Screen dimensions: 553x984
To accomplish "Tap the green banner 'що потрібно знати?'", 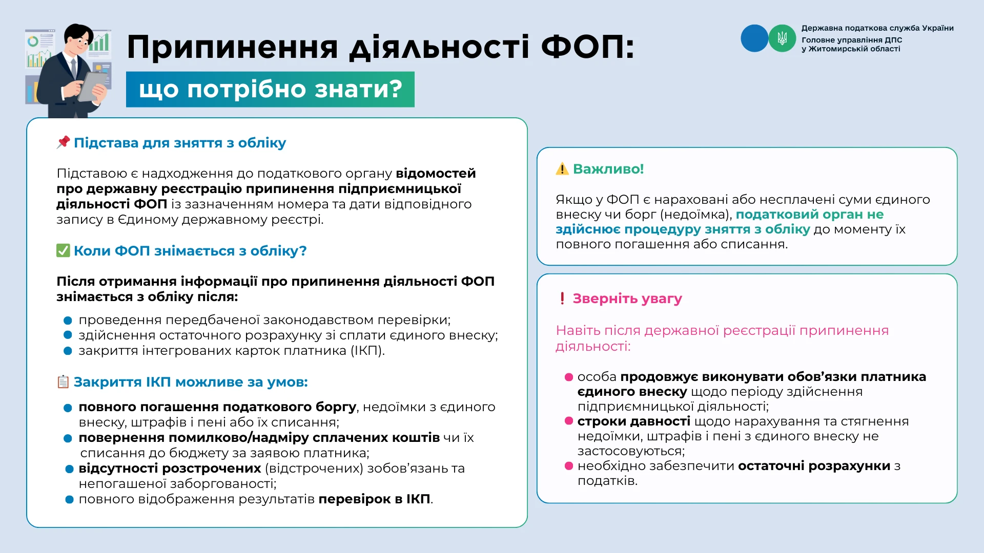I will (x=270, y=90).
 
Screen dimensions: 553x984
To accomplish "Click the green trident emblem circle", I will (x=782, y=38).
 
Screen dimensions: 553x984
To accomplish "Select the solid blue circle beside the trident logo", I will (x=754, y=38).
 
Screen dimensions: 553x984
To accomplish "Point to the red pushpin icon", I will (x=63, y=142).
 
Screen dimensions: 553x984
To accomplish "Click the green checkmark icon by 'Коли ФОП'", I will (x=63, y=250).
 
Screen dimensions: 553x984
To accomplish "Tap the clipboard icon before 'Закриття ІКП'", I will (x=63, y=382).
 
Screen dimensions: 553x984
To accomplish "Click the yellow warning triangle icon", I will (x=562, y=169).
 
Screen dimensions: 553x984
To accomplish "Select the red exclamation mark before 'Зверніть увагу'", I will (x=562, y=299).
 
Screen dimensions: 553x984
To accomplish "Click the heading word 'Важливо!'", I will (x=608, y=169).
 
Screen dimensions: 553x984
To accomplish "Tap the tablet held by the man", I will (x=93, y=86).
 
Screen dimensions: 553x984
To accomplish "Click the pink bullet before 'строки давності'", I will (x=568, y=421).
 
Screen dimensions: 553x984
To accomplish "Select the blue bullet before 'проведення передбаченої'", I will (x=68, y=321).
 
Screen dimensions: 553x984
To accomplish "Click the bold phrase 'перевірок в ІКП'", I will (x=374, y=499).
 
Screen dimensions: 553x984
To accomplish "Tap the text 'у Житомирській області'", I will (x=851, y=49).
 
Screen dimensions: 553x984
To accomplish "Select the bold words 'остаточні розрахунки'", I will (x=814, y=466).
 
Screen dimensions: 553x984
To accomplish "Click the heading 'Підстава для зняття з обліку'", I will (x=180, y=143).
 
